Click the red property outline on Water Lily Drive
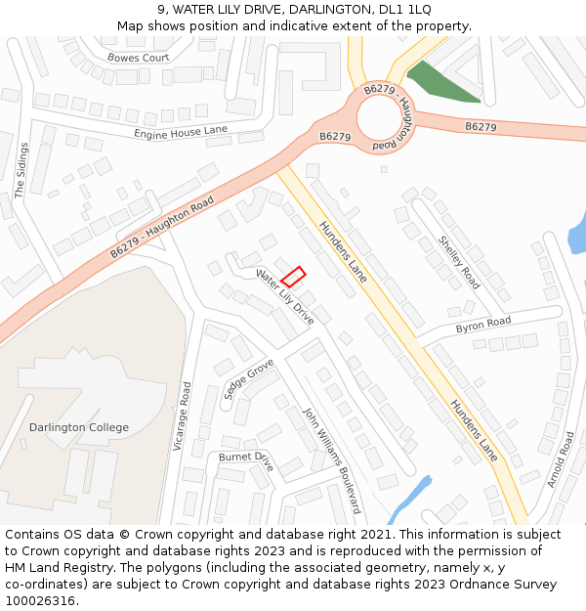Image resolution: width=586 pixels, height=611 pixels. point(293,276)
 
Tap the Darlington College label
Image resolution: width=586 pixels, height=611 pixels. point(79,427)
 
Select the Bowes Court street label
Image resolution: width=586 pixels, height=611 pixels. point(139,58)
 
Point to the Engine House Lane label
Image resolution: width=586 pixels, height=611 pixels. point(181,132)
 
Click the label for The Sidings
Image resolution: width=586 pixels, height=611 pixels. point(21,170)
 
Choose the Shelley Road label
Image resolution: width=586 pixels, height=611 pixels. point(459,262)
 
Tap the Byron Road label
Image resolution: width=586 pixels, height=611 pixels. point(482,324)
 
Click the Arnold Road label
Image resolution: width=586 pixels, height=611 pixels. point(561,459)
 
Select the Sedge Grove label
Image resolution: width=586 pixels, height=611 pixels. point(249,379)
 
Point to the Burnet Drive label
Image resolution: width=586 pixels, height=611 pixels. point(246,458)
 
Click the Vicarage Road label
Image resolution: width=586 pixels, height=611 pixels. point(182,416)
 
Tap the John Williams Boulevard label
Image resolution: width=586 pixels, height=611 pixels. point(332,459)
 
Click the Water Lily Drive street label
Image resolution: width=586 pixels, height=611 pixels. point(285,296)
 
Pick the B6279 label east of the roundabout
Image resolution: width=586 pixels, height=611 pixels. point(481,127)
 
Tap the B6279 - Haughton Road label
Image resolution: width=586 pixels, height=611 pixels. point(162,227)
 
